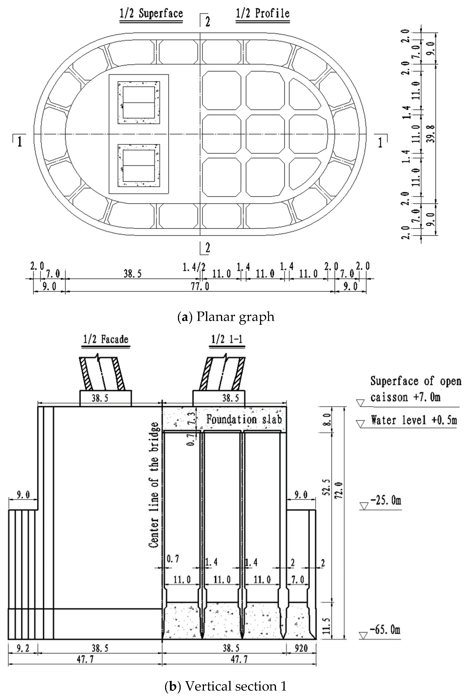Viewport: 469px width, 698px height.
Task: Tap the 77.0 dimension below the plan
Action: coord(200,286)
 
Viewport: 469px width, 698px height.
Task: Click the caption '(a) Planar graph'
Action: coord(226,317)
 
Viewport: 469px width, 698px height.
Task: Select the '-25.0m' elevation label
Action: coord(386,500)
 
